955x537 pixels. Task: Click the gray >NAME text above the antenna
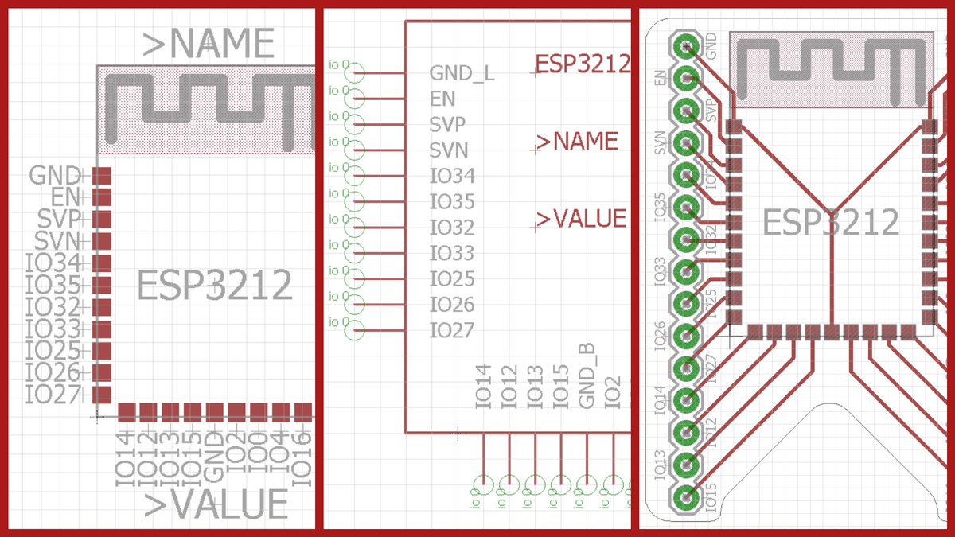point(209,44)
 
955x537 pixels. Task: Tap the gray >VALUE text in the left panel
point(216,504)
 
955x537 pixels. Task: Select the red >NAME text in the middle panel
point(578,142)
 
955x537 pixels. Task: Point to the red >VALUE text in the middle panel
point(582,218)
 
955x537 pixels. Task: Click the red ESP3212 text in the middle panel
point(583,63)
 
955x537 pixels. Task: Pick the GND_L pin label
point(462,73)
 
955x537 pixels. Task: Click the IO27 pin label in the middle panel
point(452,330)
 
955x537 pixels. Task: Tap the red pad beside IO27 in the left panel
point(102,394)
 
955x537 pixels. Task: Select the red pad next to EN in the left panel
point(102,197)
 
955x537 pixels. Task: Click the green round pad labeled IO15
point(684,497)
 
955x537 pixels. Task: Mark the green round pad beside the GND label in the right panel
point(684,45)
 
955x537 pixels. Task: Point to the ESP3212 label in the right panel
point(830,223)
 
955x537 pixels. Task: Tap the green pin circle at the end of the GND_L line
point(356,73)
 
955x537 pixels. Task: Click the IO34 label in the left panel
point(54,263)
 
